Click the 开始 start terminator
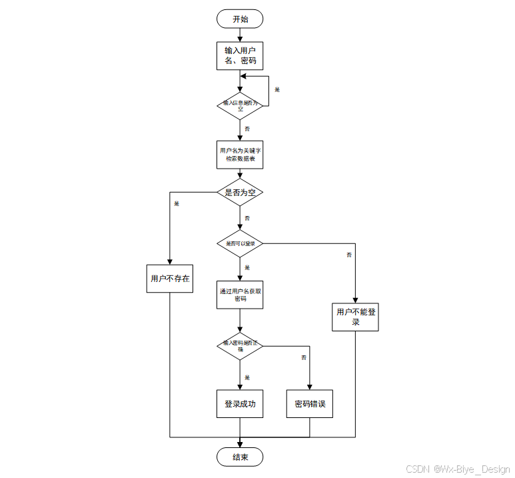click(240, 19)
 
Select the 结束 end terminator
click(240, 457)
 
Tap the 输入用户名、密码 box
click(240, 56)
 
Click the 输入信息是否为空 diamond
click(240, 105)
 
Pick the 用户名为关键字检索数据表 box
click(240, 155)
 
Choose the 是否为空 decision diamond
click(240, 192)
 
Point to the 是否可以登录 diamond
click(240, 243)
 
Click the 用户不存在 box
click(170, 279)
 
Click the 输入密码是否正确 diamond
click(240, 345)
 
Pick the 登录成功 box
click(240, 404)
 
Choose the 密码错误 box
click(310, 404)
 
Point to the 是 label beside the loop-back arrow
click(277, 89)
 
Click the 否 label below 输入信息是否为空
click(247, 128)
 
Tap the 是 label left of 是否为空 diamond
click(177, 203)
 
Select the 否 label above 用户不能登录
click(349, 255)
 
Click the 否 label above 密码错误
click(304, 358)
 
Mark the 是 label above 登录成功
click(247, 377)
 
